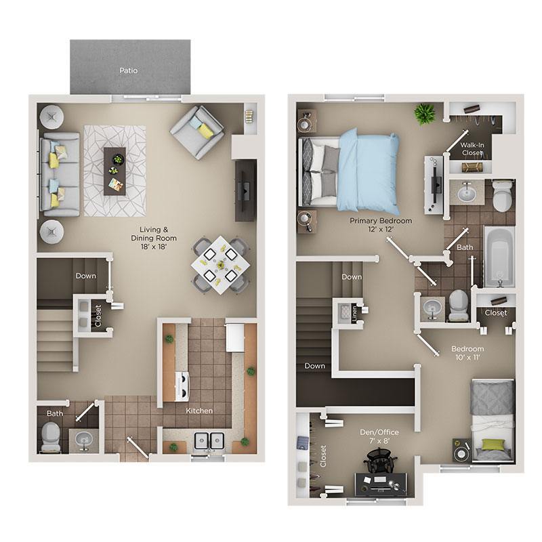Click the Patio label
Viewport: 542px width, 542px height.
pyautogui.click(x=129, y=70)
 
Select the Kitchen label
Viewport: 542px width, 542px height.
pyautogui.click(x=200, y=411)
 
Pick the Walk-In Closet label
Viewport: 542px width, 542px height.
pyautogui.click(x=472, y=148)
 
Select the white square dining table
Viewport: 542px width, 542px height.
pyautogui.click(x=216, y=262)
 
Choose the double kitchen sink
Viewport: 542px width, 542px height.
pyautogui.click(x=210, y=442)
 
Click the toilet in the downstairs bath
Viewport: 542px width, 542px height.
pyautogui.click(x=51, y=437)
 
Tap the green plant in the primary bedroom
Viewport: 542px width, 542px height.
pyautogui.click(x=425, y=113)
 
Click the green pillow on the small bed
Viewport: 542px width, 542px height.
pyautogui.click(x=493, y=445)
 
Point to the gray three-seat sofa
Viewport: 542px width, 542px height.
pyautogui.click(x=60, y=174)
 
